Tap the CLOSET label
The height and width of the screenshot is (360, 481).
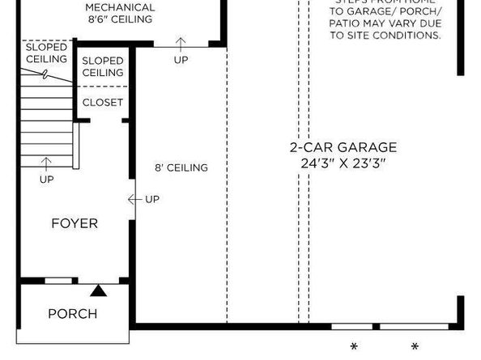(x=103, y=103)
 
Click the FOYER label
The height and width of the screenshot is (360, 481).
(x=74, y=223)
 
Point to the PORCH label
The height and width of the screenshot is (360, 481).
(x=72, y=313)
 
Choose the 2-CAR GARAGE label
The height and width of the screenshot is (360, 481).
(x=343, y=147)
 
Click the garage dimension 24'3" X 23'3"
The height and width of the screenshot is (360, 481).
(x=343, y=163)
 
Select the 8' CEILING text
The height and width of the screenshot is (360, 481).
(x=181, y=168)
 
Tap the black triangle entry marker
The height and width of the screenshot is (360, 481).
(x=98, y=289)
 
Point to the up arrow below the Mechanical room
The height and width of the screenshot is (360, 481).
(x=181, y=42)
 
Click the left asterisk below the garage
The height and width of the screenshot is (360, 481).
(x=354, y=348)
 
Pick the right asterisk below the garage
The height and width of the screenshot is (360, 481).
(x=415, y=348)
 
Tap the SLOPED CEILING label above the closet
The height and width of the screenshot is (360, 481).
(x=103, y=67)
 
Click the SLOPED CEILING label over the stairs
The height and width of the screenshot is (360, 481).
(x=46, y=54)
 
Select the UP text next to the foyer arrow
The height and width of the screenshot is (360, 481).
(x=152, y=199)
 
